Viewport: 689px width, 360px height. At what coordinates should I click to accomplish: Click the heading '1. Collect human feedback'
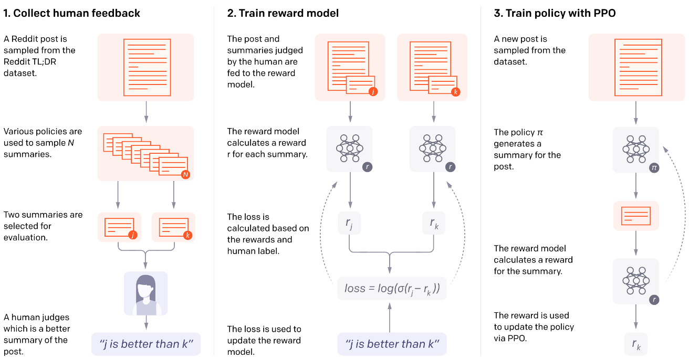(72, 13)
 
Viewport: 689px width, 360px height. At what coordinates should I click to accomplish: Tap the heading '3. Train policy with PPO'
(555, 13)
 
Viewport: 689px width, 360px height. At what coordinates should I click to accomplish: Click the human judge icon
(146, 293)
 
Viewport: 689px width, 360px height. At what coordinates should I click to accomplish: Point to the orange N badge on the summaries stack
(185, 174)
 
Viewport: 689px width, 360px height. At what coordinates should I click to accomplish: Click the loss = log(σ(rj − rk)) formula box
(392, 289)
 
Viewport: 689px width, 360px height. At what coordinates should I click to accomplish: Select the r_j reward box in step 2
(349, 224)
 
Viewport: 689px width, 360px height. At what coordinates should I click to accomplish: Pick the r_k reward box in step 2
(433, 224)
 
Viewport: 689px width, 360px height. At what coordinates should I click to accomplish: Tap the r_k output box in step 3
(635, 344)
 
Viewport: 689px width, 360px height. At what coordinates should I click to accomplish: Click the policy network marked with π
(636, 149)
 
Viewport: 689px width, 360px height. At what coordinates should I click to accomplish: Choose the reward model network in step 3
(636, 281)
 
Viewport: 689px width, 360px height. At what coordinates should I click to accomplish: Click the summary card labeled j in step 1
(119, 226)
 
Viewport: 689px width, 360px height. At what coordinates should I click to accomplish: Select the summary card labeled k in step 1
(173, 226)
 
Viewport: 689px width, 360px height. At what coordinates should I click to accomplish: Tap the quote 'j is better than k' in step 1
(145, 344)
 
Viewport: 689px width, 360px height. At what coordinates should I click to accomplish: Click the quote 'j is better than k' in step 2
(392, 344)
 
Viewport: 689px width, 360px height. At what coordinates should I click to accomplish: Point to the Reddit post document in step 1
(145, 67)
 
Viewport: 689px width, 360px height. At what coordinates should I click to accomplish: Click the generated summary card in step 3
(636, 215)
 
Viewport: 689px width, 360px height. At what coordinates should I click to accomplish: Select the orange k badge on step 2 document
(455, 92)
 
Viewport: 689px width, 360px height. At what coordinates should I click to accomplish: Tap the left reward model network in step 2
(349, 149)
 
